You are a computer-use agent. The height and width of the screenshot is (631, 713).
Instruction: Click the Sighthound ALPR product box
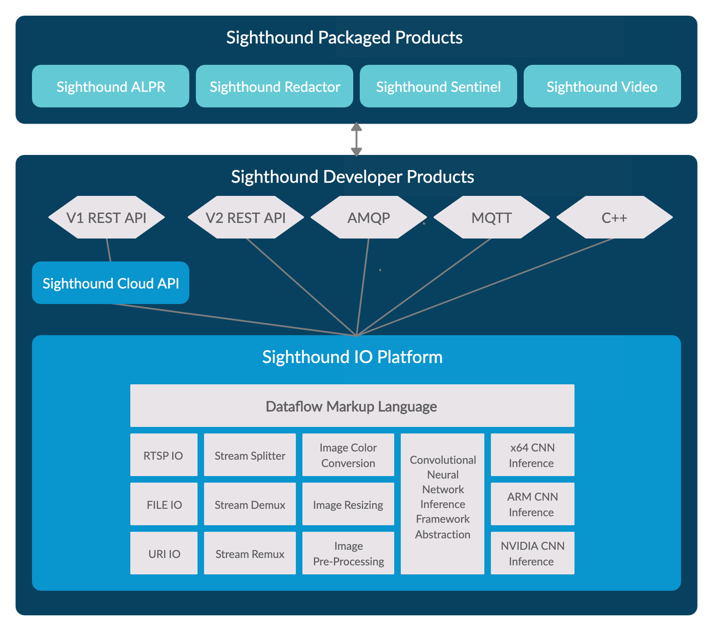pyautogui.click(x=110, y=86)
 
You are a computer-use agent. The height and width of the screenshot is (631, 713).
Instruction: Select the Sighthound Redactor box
pyautogui.click(x=274, y=86)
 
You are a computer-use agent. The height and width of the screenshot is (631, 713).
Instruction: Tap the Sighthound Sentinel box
pyautogui.click(x=438, y=86)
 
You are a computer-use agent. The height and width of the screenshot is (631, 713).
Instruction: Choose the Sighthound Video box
pyautogui.click(x=602, y=86)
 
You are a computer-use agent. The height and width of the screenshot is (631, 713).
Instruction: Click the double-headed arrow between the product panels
pyautogui.click(x=356, y=140)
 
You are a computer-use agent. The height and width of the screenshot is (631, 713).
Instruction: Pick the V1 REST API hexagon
pyautogui.click(x=106, y=218)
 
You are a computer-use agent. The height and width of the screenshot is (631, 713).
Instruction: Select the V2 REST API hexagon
pyautogui.click(x=246, y=218)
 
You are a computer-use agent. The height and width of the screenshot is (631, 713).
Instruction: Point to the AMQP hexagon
pyautogui.click(x=368, y=218)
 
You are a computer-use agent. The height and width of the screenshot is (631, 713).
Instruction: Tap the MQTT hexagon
pyautogui.click(x=491, y=218)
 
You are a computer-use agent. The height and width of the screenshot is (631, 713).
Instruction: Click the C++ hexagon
pyautogui.click(x=614, y=218)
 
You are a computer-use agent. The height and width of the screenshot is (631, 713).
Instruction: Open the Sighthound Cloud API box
pyautogui.click(x=110, y=283)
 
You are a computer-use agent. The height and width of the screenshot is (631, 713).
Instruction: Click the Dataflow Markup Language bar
pyautogui.click(x=352, y=406)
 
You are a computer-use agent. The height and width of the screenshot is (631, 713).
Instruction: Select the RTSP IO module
pyautogui.click(x=164, y=455)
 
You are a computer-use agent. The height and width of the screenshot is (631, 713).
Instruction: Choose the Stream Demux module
pyautogui.click(x=250, y=505)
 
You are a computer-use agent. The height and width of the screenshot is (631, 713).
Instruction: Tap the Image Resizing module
pyautogui.click(x=348, y=505)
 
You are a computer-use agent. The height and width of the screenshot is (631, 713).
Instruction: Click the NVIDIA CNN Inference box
pyautogui.click(x=532, y=554)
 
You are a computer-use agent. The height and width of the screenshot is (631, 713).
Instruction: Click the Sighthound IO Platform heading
pyautogui.click(x=352, y=357)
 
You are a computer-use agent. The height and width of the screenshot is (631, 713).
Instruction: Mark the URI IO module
pyautogui.click(x=164, y=554)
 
